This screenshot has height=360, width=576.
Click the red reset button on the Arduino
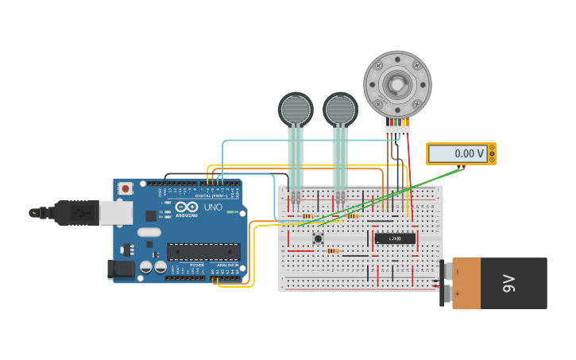[x=125, y=189]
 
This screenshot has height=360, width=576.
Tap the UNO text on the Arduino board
[x=213, y=207]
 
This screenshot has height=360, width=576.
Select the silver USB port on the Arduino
[x=116, y=212]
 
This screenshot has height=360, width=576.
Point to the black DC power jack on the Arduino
[x=121, y=269]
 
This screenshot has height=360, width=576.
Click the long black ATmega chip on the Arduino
[x=203, y=252]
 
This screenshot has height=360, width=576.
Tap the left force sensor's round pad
[x=296, y=110]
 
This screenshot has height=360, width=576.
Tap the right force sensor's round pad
[x=340, y=110]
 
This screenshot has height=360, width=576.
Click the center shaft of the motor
[x=397, y=84]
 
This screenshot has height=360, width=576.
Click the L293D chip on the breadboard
[x=395, y=238]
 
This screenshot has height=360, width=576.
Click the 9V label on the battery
[x=508, y=284]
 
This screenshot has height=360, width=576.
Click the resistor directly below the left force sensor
[x=308, y=216]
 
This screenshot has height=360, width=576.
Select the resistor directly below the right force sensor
[x=353, y=216]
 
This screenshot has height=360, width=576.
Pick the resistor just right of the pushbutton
[x=333, y=251]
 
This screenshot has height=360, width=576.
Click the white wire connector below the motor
[x=397, y=130]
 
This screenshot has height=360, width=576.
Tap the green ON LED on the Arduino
[x=229, y=212]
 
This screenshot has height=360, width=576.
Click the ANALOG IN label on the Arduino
[x=228, y=265]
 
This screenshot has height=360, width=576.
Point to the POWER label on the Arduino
[x=197, y=265]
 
